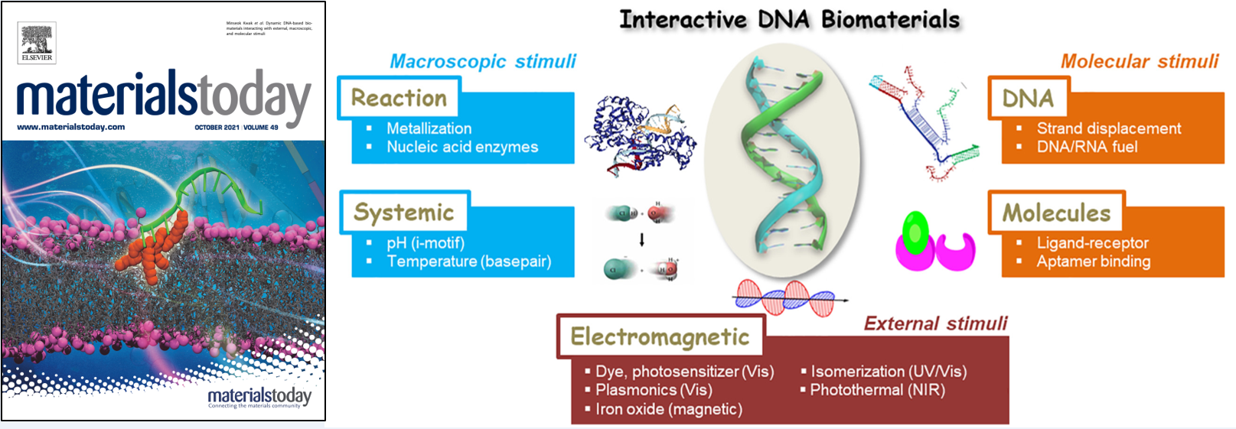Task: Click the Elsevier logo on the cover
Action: pos(37,43)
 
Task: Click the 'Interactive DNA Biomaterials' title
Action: pos(789,20)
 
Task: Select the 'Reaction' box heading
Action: pos(399,98)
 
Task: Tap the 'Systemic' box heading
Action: pos(403,213)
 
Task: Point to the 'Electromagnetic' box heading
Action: pos(660,336)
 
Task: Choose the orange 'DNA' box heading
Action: pos(1028,98)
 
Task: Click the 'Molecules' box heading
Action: pos(1056,213)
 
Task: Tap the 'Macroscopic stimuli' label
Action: pos(483,61)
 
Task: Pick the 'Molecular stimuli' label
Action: pos(1139,61)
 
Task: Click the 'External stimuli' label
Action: pos(935,323)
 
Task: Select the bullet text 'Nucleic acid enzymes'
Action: pos(462,147)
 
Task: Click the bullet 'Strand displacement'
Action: pos(1109,128)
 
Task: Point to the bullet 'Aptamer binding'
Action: pos(1094,262)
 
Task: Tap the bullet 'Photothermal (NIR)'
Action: pos(878,390)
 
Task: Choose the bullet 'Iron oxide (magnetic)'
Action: pos(669,409)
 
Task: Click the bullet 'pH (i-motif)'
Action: pos(426,243)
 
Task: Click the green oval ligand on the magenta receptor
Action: pos(915,232)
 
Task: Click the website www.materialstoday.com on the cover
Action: pos(71,127)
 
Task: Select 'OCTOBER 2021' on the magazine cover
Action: pos(217,128)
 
